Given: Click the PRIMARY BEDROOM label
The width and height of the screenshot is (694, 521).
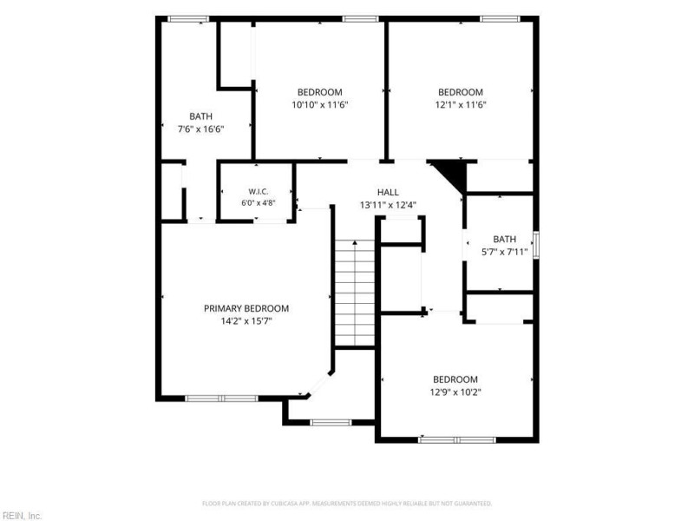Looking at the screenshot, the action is [246, 308].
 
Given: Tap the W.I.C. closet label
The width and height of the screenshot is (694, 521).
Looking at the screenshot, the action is [258, 191].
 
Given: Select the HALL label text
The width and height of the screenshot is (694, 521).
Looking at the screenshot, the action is [388, 192].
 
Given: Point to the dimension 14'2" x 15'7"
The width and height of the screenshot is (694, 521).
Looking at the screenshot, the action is [246, 320].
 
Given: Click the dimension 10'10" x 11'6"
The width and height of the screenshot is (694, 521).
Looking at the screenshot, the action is [319, 104].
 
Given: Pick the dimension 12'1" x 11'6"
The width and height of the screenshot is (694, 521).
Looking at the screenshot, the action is [461, 104].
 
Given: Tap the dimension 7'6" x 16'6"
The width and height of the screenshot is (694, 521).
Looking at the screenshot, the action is [200, 129].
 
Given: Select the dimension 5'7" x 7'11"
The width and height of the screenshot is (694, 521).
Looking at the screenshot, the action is [504, 252].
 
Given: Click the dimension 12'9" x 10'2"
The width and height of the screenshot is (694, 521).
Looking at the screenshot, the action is [455, 392].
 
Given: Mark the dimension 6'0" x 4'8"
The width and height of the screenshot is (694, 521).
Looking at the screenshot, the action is [258, 203].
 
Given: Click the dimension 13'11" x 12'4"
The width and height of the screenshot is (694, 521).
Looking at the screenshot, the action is [388, 205].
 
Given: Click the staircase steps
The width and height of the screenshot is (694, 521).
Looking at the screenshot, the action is [355, 293].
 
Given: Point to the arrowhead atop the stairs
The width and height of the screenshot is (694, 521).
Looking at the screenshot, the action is [355, 243].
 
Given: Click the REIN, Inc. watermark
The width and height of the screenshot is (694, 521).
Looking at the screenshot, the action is [21, 516].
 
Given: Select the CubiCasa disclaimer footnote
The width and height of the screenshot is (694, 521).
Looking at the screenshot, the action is [347, 504].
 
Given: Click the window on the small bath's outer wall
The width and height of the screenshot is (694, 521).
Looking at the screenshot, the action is [536, 245].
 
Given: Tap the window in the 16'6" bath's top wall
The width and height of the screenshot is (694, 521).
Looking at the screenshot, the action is [188, 18].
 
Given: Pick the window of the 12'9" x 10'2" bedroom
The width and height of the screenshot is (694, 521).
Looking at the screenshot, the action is [457, 440].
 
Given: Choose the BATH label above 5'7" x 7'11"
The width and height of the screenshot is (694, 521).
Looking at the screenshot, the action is [504, 240].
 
